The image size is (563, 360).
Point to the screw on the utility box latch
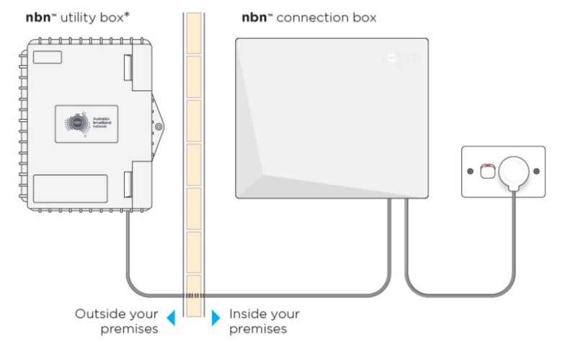pos(159,127)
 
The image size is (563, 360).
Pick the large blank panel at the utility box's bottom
pos(70,189)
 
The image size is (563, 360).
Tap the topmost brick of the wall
pos(192,32)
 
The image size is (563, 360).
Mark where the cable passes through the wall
pos(192,296)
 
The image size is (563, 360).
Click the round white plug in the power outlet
pos(514,171)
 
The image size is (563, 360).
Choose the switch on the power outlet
pos(487,171)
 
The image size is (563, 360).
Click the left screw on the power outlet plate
pos(470,172)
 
